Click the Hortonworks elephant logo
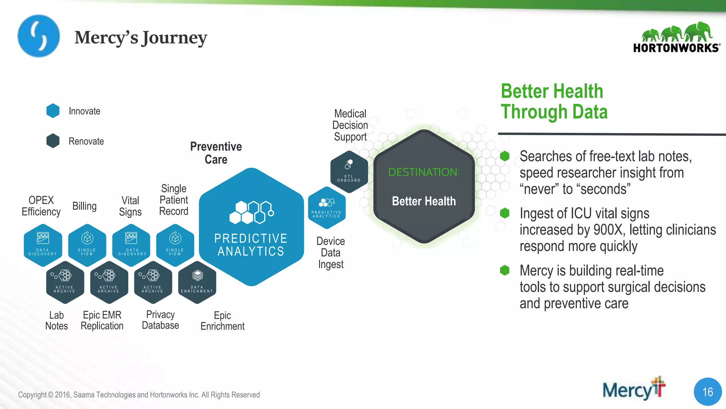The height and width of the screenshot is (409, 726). (x=676, y=38)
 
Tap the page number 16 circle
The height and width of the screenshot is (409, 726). (x=708, y=392)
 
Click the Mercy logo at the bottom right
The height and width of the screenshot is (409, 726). (x=633, y=389)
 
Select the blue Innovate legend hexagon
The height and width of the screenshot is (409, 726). (x=53, y=111)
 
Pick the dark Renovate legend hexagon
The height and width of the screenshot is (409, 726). (x=53, y=141)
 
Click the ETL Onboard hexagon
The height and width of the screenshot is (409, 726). (x=349, y=172)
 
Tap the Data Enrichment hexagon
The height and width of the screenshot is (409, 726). (x=197, y=282)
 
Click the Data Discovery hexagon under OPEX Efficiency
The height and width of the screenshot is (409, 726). (x=43, y=245)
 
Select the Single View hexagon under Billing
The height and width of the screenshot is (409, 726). (x=87, y=245)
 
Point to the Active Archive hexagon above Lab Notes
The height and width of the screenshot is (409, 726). (x=65, y=282)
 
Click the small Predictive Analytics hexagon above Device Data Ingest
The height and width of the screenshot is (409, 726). (x=326, y=208)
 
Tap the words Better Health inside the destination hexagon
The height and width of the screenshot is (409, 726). (x=424, y=201)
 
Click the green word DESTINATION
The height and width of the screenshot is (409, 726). (x=423, y=172)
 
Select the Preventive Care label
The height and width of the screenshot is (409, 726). (x=216, y=153)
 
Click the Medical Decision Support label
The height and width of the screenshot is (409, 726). (x=350, y=125)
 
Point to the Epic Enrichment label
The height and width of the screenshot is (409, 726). (x=222, y=321)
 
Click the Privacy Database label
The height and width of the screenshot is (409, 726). (x=160, y=320)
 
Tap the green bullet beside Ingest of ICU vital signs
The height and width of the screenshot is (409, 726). (x=504, y=213)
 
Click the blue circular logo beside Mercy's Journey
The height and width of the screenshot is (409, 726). (x=39, y=36)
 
